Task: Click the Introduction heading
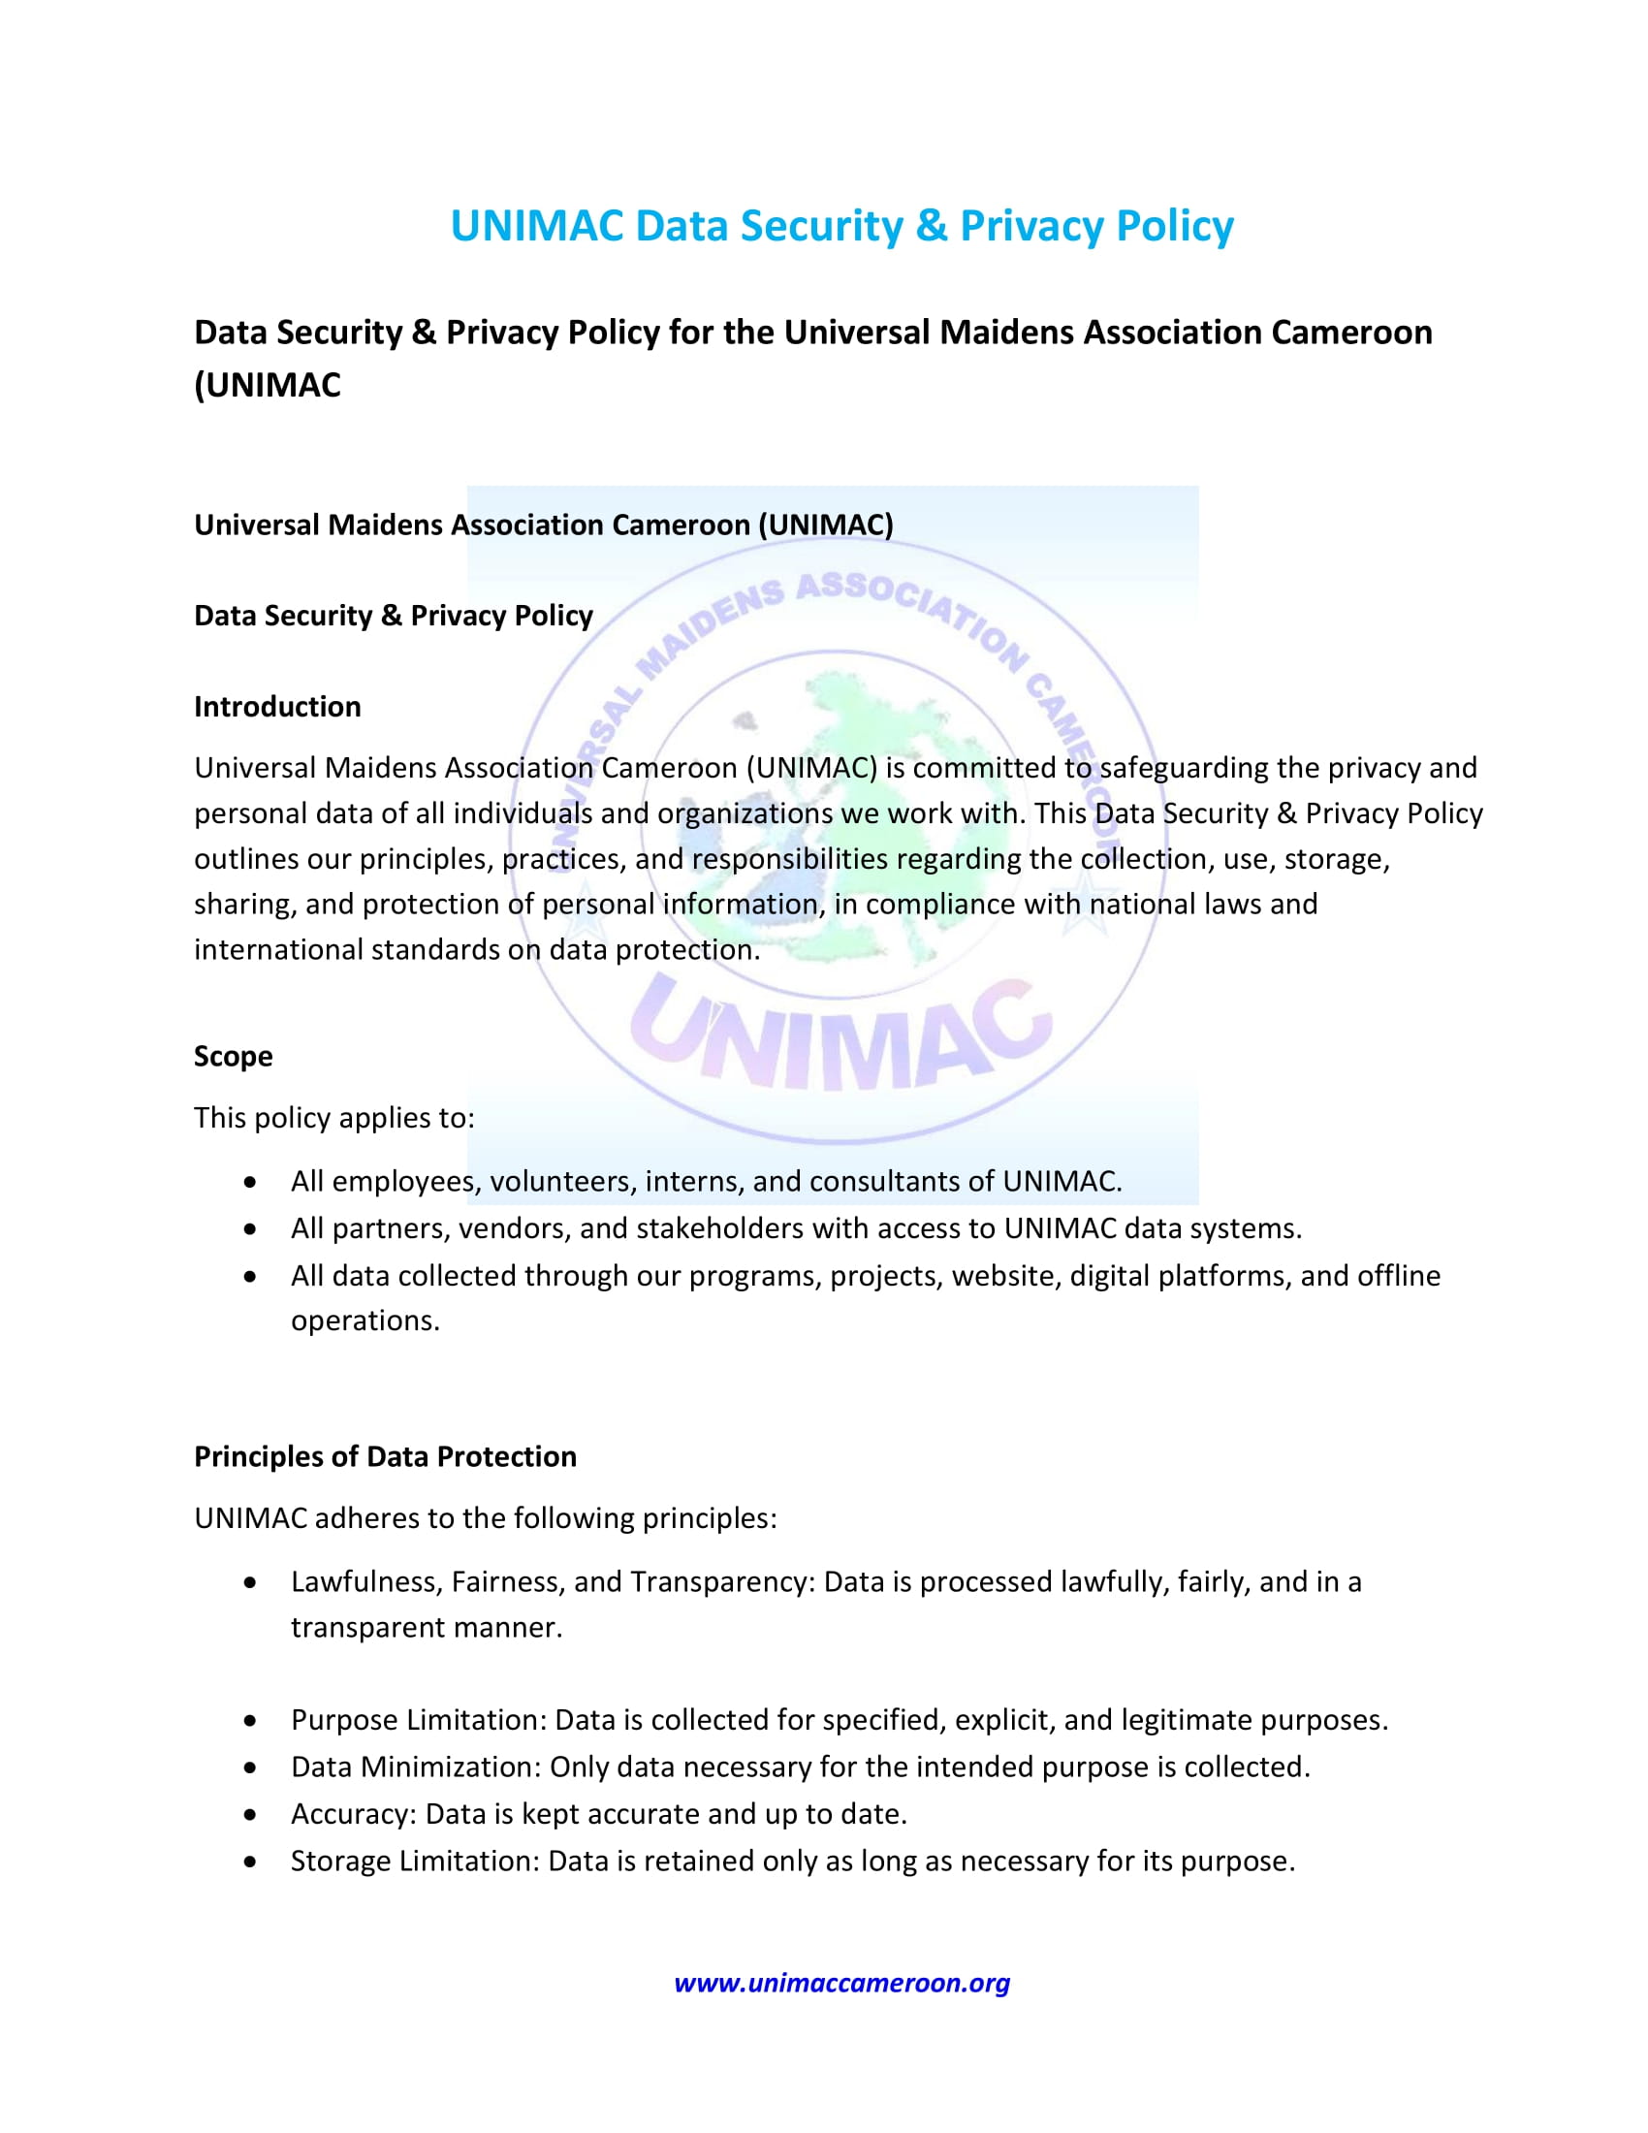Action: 277,706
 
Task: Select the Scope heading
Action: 234,1056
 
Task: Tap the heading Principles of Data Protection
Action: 385,1456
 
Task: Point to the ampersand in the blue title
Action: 932,226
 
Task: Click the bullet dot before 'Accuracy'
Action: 251,1815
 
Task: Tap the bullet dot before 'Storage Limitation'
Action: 251,1862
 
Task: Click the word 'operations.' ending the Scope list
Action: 365,1321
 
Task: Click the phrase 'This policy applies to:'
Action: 333,1117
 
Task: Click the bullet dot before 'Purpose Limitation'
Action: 251,1721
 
